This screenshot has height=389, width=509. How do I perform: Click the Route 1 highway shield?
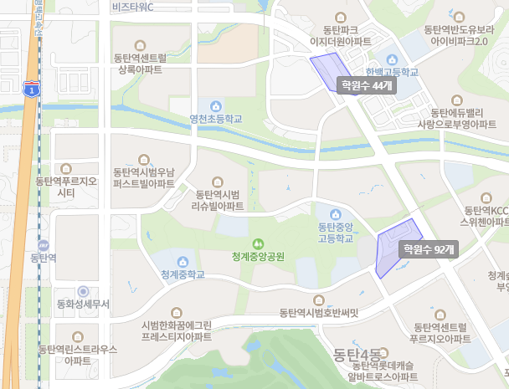point(31,89)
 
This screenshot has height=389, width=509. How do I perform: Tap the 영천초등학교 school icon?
point(216,105)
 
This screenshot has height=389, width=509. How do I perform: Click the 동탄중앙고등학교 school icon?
point(337,214)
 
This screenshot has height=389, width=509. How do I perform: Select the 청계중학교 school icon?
point(183,260)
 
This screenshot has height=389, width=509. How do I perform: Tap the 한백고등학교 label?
point(392,72)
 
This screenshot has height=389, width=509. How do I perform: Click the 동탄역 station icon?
point(43,245)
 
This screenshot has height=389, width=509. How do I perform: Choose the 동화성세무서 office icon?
point(83,291)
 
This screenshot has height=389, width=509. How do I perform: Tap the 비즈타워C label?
point(138,8)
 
